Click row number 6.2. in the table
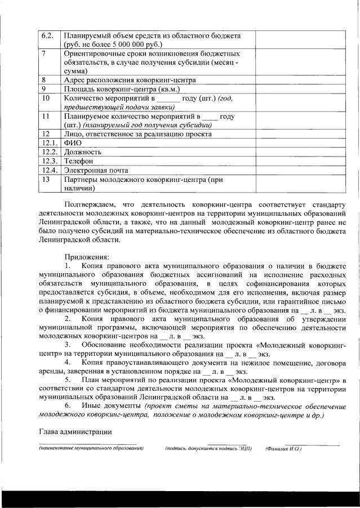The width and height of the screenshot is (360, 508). (47, 35)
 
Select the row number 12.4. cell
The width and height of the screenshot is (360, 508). (49, 170)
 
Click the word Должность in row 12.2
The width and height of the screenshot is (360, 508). (83, 152)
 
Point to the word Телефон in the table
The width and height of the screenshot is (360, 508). (79, 161)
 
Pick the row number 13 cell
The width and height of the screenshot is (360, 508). (47, 179)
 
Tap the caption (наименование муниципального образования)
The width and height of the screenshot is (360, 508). (91, 449)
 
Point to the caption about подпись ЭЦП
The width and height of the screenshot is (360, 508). (208, 449)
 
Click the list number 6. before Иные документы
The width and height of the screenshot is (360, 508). (68, 405)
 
